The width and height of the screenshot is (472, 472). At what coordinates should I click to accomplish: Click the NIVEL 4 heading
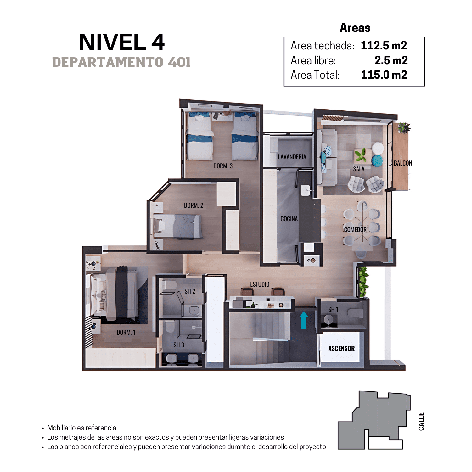[x=122, y=42]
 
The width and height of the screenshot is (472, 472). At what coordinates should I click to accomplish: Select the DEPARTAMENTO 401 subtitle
[x=121, y=62]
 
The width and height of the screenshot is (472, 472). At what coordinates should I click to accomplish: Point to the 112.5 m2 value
[x=384, y=46]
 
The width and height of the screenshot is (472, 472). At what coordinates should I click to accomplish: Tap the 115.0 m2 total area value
[x=384, y=75]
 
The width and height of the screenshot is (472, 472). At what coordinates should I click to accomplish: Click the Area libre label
[x=313, y=60]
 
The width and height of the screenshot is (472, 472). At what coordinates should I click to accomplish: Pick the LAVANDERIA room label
[x=292, y=157]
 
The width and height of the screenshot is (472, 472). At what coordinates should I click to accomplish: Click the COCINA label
[x=289, y=219]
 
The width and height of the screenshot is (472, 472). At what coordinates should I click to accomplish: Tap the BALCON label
[x=403, y=163]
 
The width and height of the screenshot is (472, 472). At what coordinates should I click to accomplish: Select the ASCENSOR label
[x=341, y=348]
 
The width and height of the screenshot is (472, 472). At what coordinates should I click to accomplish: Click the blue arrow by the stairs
[x=304, y=320]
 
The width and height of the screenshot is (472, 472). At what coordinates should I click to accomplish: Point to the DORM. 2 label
[x=194, y=205]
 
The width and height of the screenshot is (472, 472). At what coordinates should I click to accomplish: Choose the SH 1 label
[x=333, y=310]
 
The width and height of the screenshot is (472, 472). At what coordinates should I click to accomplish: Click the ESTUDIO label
[x=260, y=284]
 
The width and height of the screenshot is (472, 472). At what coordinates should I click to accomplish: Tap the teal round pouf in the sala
[x=377, y=160]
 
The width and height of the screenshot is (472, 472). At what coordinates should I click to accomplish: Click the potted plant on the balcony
[x=404, y=128]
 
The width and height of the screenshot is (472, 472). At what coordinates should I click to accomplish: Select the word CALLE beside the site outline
[x=421, y=421]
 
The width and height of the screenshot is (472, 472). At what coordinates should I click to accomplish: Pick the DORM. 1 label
[x=126, y=333]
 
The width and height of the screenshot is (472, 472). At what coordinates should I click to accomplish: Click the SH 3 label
[x=179, y=345]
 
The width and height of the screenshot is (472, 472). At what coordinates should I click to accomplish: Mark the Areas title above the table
[x=355, y=28]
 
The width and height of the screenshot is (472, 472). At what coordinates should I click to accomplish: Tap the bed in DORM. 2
[x=178, y=226]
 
